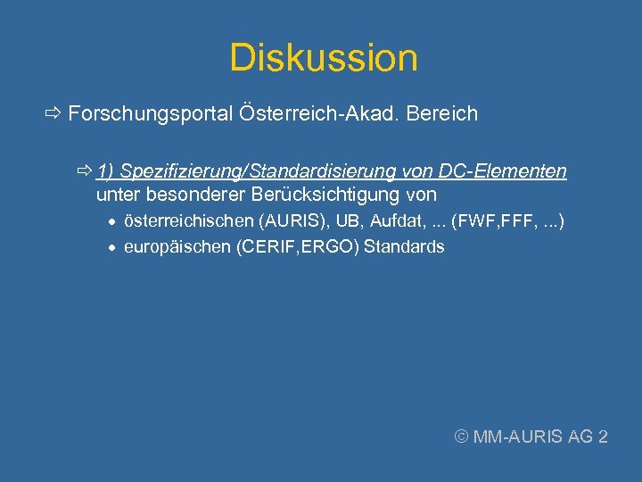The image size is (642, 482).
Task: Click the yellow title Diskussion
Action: coord(323,58)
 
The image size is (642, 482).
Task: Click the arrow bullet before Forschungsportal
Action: coord(52,114)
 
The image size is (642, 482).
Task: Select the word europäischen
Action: coord(177,247)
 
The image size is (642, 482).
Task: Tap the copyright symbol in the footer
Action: coord(462,436)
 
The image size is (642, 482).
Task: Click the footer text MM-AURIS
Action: coord(519,436)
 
